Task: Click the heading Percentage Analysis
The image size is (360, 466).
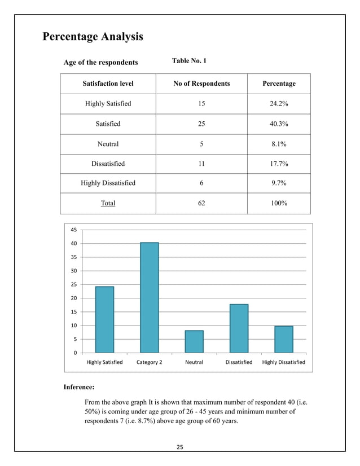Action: (x=93, y=37)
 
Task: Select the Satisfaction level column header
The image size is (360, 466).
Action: (x=108, y=83)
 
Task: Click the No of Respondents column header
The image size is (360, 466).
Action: (x=201, y=83)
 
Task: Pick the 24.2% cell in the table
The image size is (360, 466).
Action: (x=279, y=104)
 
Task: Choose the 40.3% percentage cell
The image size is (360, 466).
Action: (x=279, y=124)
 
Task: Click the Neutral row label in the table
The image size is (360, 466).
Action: (x=108, y=144)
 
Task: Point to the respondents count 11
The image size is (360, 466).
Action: (x=201, y=164)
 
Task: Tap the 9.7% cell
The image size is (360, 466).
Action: (x=279, y=183)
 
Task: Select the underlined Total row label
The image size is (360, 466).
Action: (x=108, y=203)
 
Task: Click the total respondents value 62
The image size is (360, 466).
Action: (x=201, y=203)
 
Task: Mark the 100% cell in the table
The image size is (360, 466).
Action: (x=279, y=203)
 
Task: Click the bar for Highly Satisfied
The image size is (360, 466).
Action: (x=104, y=320)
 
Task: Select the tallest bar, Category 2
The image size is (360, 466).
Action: (x=150, y=298)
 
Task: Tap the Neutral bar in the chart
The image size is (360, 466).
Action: (x=194, y=342)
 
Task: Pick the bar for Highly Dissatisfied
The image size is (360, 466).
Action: (x=284, y=340)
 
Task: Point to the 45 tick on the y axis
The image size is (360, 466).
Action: (x=74, y=230)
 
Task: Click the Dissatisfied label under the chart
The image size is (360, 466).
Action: (x=239, y=362)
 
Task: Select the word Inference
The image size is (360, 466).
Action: (x=78, y=388)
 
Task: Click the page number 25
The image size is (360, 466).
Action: (x=181, y=447)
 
